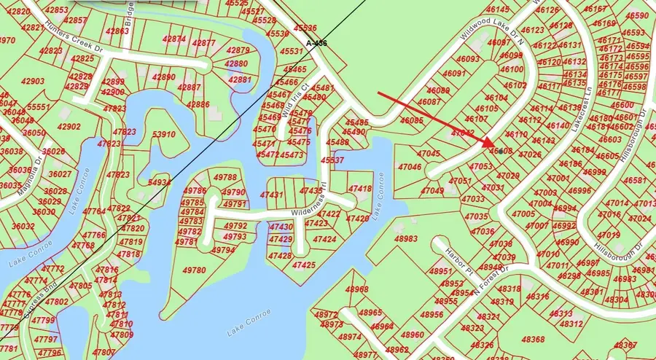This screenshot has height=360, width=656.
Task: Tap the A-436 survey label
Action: (x=316, y=44)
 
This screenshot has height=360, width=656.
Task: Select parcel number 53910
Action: (x=163, y=135)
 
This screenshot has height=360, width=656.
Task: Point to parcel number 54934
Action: (x=160, y=182)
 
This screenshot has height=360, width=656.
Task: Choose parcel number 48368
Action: (x=533, y=340)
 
